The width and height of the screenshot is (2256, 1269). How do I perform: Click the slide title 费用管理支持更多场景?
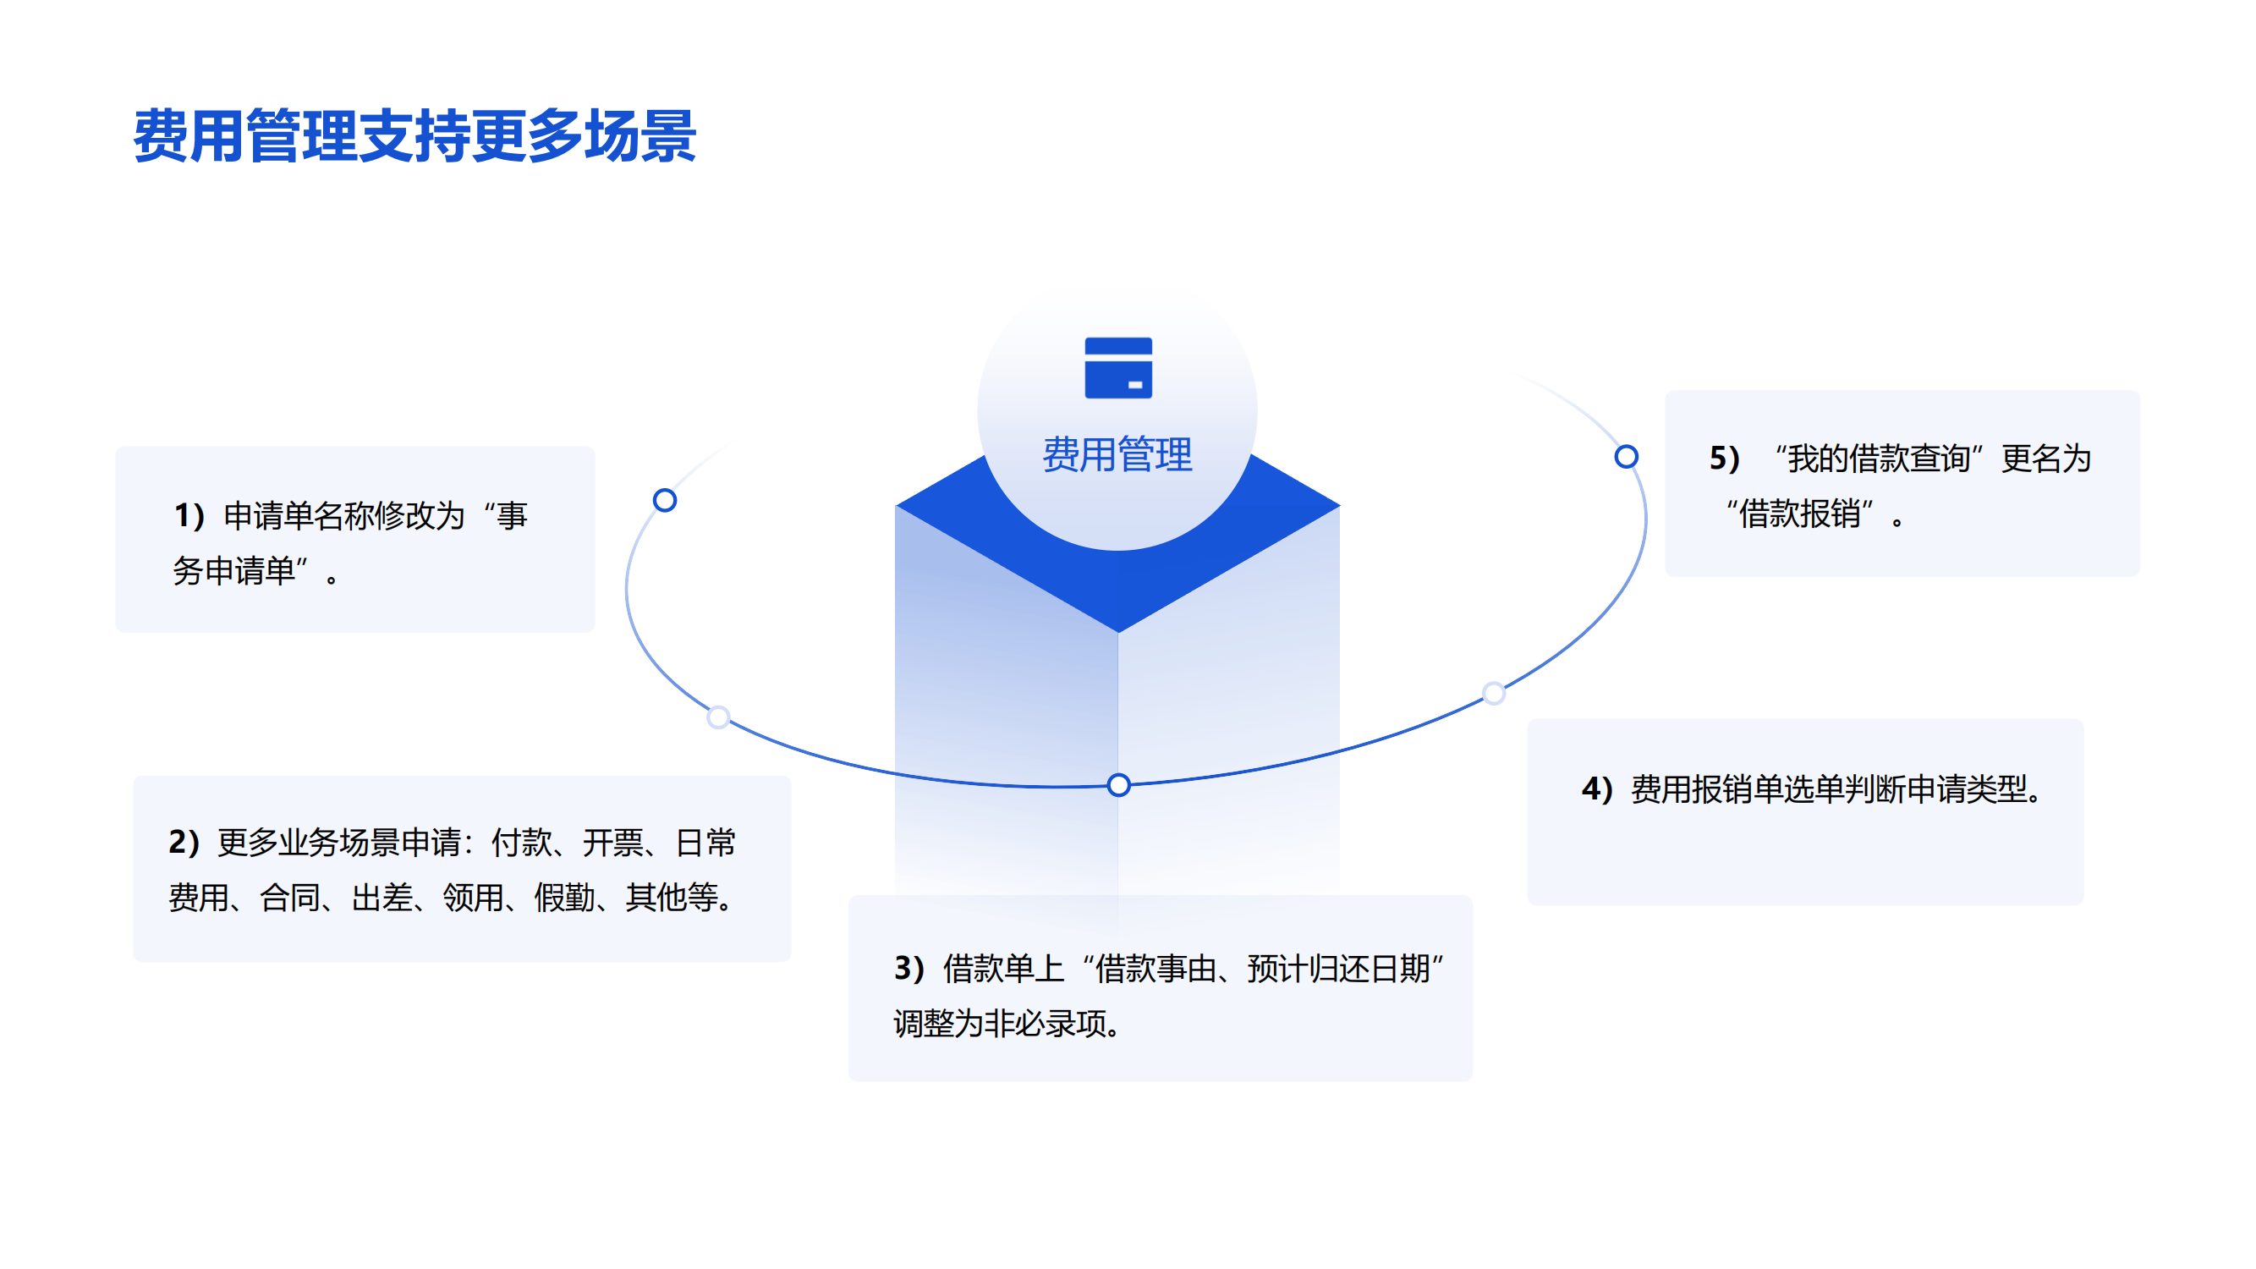pos(414,136)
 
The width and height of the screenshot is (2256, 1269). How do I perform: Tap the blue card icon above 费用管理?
pos(1118,368)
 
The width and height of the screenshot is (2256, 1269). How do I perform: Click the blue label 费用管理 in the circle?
pos(1117,454)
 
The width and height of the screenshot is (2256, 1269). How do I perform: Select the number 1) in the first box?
pos(189,516)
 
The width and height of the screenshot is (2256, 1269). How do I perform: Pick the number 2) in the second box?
pos(184,843)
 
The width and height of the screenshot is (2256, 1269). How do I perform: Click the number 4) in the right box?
pos(1596,789)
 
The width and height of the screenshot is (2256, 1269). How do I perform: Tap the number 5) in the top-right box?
pos(1725,459)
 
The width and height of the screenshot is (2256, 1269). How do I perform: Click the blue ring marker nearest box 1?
pos(665,500)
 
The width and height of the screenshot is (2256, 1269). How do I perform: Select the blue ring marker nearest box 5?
pos(1627,456)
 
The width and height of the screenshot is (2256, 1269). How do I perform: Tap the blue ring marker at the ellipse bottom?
pos(1118,785)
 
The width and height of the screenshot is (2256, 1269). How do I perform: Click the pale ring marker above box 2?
pos(718,717)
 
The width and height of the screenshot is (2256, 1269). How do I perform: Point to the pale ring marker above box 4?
pos(1494,694)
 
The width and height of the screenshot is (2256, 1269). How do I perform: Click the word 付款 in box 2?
pos(522,843)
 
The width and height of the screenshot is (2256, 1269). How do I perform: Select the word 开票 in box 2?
pos(613,843)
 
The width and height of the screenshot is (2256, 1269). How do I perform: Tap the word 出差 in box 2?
pos(381,898)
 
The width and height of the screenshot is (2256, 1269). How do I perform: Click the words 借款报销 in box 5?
pos(1799,514)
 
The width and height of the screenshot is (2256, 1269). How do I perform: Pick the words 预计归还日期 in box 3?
pos(1339,969)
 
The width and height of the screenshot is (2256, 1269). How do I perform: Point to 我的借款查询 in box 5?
pos(1879,459)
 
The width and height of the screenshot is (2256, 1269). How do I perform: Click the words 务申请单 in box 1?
pos(233,571)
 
